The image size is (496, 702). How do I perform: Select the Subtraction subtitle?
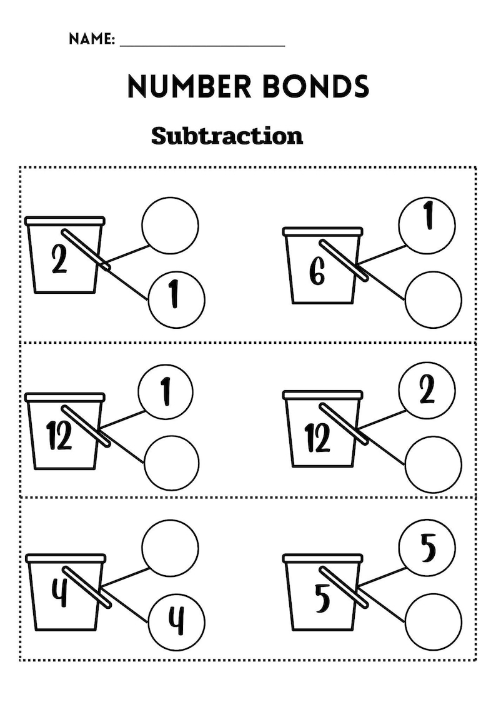(227, 136)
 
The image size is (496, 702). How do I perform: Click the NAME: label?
(91, 39)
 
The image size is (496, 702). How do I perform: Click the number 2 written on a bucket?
(59, 260)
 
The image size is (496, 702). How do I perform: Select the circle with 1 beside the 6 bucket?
(427, 225)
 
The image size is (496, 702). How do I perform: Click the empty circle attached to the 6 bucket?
(433, 299)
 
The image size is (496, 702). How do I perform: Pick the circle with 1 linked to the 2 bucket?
(177, 299)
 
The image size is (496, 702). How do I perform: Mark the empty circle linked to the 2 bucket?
(170, 225)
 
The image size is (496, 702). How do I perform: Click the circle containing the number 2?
(427, 391)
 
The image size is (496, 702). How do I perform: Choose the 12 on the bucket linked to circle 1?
(59, 436)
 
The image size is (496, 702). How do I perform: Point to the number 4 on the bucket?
(59, 594)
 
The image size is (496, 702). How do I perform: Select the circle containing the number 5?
(427, 549)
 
